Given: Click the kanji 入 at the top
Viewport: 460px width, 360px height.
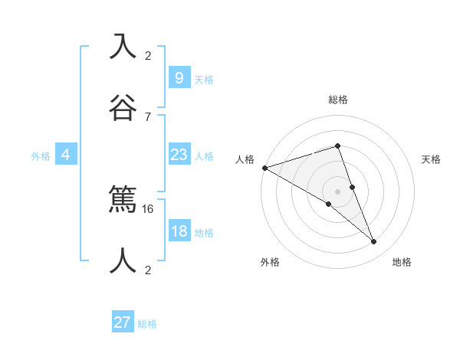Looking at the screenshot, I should (x=123, y=46).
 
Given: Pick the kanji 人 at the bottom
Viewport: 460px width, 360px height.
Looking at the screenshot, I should (x=123, y=260).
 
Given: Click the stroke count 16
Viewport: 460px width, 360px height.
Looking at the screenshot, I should (x=149, y=208).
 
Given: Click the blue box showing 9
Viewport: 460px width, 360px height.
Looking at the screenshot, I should (x=179, y=77).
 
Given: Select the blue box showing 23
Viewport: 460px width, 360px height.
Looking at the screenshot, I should (x=179, y=155).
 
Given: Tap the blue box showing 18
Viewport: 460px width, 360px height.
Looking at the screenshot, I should (x=179, y=231).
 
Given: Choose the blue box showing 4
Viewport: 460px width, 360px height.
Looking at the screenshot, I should (x=65, y=155).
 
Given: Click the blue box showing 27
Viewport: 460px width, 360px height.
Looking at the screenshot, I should (x=123, y=322).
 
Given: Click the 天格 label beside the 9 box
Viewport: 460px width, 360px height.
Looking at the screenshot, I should (x=204, y=79).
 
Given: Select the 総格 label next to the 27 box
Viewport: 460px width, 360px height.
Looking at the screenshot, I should (x=147, y=324).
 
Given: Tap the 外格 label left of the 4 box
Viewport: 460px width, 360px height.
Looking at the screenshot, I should (x=41, y=156).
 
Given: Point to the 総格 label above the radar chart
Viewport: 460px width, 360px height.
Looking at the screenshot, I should (x=338, y=100).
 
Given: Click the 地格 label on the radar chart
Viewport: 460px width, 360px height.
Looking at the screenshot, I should (x=402, y=262).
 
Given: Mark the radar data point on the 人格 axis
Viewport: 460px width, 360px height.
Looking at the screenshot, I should (x=264, y=168).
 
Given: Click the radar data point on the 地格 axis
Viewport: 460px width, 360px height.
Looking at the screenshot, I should (x=374, y=241).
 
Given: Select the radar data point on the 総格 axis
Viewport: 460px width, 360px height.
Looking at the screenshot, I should (x=337, y=146).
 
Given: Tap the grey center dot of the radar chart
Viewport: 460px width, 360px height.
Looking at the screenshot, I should (x=337, y=191).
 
